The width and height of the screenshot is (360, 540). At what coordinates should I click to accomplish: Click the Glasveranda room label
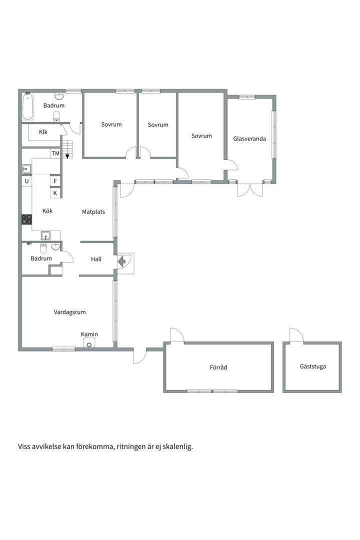[x=249, y=139]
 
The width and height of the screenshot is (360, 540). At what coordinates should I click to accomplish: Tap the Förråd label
[x=218, y=367]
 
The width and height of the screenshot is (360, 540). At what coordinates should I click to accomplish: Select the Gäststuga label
[x=313, y=366]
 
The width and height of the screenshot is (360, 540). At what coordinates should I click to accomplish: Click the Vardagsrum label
[x=69, y=312]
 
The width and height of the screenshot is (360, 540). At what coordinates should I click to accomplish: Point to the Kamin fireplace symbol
[x=89, y=343]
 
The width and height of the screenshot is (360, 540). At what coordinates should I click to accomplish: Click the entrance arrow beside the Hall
[x=121, y=261]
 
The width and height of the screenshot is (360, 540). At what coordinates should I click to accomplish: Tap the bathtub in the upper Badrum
[x=27, y=106]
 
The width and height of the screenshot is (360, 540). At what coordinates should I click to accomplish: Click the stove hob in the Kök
[x=27, y=219]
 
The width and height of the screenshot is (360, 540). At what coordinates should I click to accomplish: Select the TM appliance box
[x=55, y=153]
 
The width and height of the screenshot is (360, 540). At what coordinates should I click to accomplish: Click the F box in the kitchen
[x=55, y=181]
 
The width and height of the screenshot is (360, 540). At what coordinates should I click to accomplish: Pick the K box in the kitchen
[x=55, y=193]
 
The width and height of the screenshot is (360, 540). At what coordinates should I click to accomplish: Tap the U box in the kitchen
[x=27, y=181]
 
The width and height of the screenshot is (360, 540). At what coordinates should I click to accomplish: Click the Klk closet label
[x=43, y=132]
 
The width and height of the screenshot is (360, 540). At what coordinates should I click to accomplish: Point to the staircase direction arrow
[x=67, y=156]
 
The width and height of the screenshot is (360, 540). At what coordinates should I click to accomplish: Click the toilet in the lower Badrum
[x=43, y=248]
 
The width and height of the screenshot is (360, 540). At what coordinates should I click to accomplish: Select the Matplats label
[x=93, y=212]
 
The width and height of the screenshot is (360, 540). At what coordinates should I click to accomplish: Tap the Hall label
[x=96, y=259]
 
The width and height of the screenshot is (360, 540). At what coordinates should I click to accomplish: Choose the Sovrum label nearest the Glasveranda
[x=201, y=136]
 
